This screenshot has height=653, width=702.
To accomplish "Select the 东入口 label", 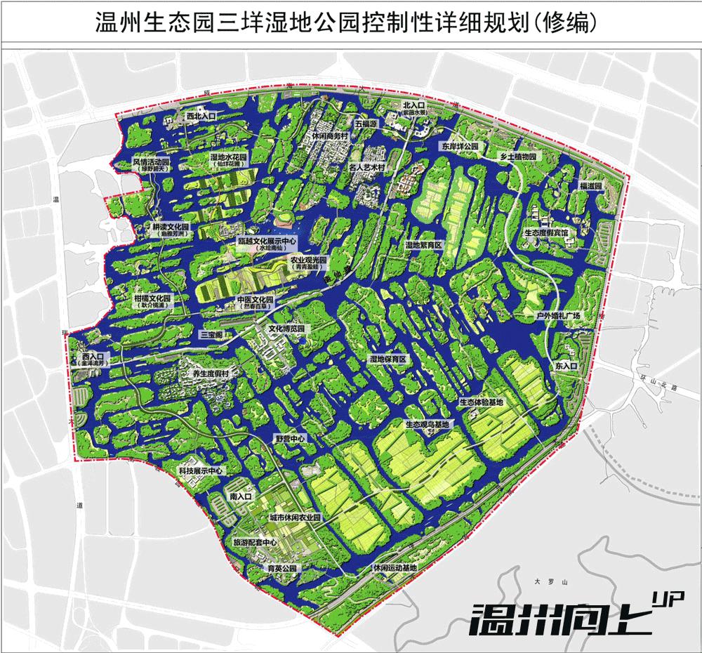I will (565, 367).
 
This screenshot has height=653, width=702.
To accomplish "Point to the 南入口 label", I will (240, 496).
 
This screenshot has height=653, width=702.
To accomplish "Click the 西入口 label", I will (92, 357).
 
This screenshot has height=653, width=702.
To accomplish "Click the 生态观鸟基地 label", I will (427, 425).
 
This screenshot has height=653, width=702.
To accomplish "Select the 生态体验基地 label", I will (481, 402).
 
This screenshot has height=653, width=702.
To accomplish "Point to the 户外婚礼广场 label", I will (559, 317).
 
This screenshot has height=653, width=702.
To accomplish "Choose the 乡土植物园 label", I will (517, 156).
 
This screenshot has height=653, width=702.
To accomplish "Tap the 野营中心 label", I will (290, 438).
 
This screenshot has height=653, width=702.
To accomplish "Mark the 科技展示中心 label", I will (199, 471).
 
